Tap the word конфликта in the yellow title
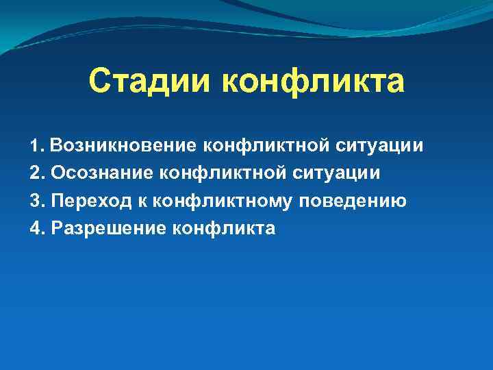tap(313, 82)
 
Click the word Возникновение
tap(123, 146)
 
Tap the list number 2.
tap(37, 173)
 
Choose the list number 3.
tap(37, 201)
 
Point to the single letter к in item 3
tap(142, 201)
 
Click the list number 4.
tap(37, 228)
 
